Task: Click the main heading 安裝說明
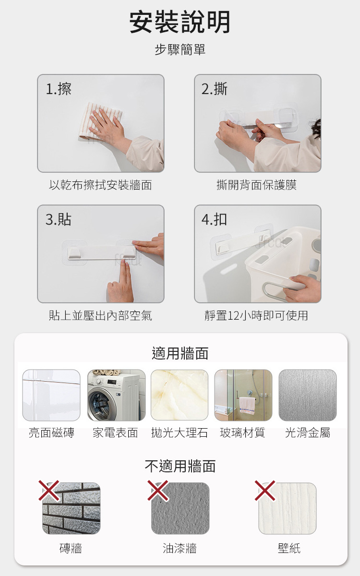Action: (x=180, y=22)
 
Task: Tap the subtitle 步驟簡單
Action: (x=180, y=49)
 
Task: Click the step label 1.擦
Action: (x=59, y=89)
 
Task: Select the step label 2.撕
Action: (x=214, y=89)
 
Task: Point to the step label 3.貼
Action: (x=59, y=220)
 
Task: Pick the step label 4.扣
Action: (x=214, y=220)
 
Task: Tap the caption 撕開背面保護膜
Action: (x=256, y=185)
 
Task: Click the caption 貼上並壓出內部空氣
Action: (x=100, y=315)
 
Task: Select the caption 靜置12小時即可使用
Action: (x=256, y=315)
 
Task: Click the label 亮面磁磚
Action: (x=51, y=433)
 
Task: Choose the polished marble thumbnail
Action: (x=180, y=395)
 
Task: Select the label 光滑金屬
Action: (x=308, y=433)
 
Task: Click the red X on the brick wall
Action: (x=49, y=491)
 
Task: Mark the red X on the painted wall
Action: (x=158, y=491)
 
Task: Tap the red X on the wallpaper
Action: (x=265, y=491)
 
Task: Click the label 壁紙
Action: (x=289, y=548)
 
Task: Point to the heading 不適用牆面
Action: (x=180, y=466)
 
